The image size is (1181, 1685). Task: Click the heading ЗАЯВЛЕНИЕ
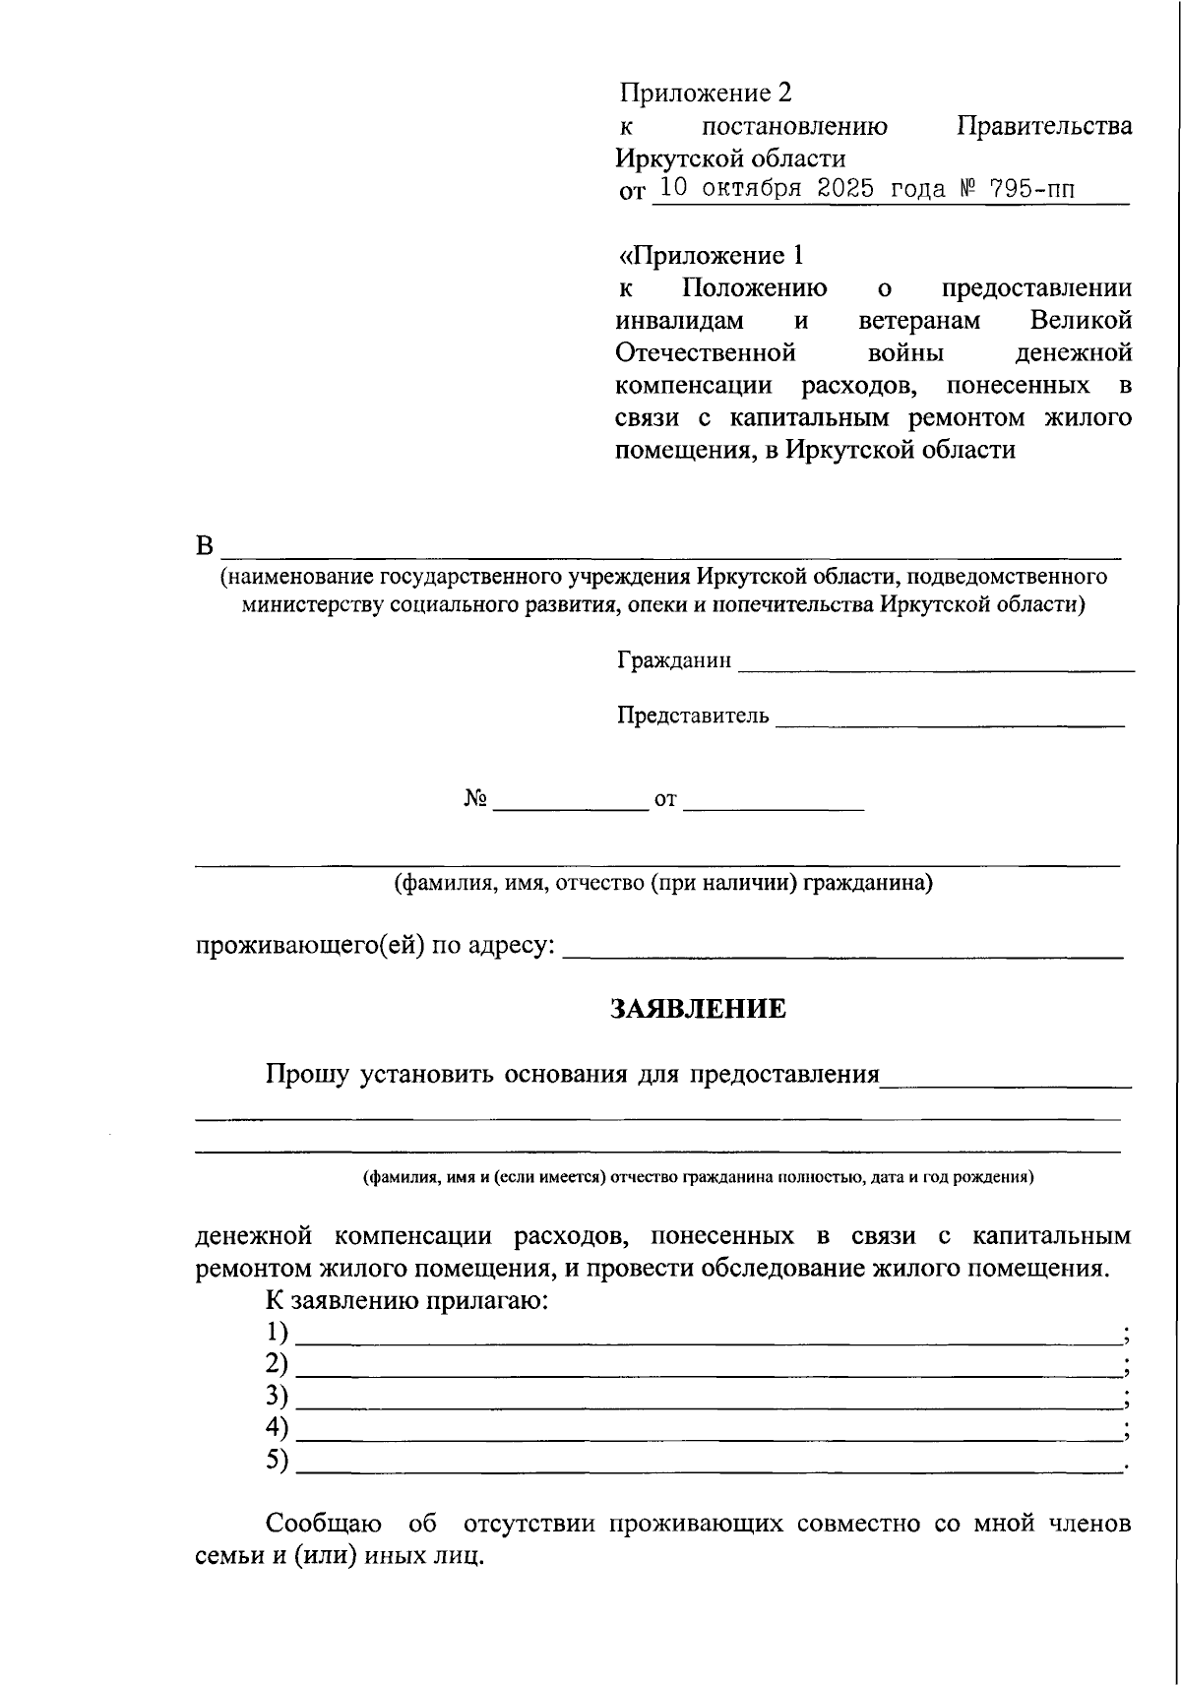[698, 1009]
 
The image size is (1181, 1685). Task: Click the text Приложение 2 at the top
[706, 93]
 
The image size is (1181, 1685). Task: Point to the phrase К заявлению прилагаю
[406, 1300]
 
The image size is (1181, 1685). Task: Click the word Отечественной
[705, 352]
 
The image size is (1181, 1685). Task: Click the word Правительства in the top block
[1044, 126]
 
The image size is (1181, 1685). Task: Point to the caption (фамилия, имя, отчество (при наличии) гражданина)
[663, 883]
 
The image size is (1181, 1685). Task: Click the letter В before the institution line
[204, 546]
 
